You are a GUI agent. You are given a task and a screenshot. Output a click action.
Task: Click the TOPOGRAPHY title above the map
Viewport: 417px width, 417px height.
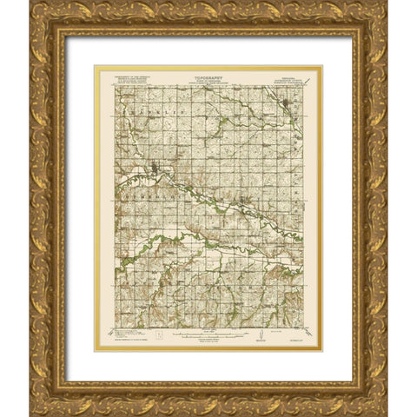[208, 76]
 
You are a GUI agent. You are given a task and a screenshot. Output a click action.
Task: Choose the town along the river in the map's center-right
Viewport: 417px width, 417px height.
[243, 206]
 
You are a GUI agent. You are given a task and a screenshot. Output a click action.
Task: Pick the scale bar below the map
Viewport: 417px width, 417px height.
[208, 331]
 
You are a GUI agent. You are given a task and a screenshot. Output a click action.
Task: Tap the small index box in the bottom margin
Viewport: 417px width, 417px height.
[159, 334]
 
